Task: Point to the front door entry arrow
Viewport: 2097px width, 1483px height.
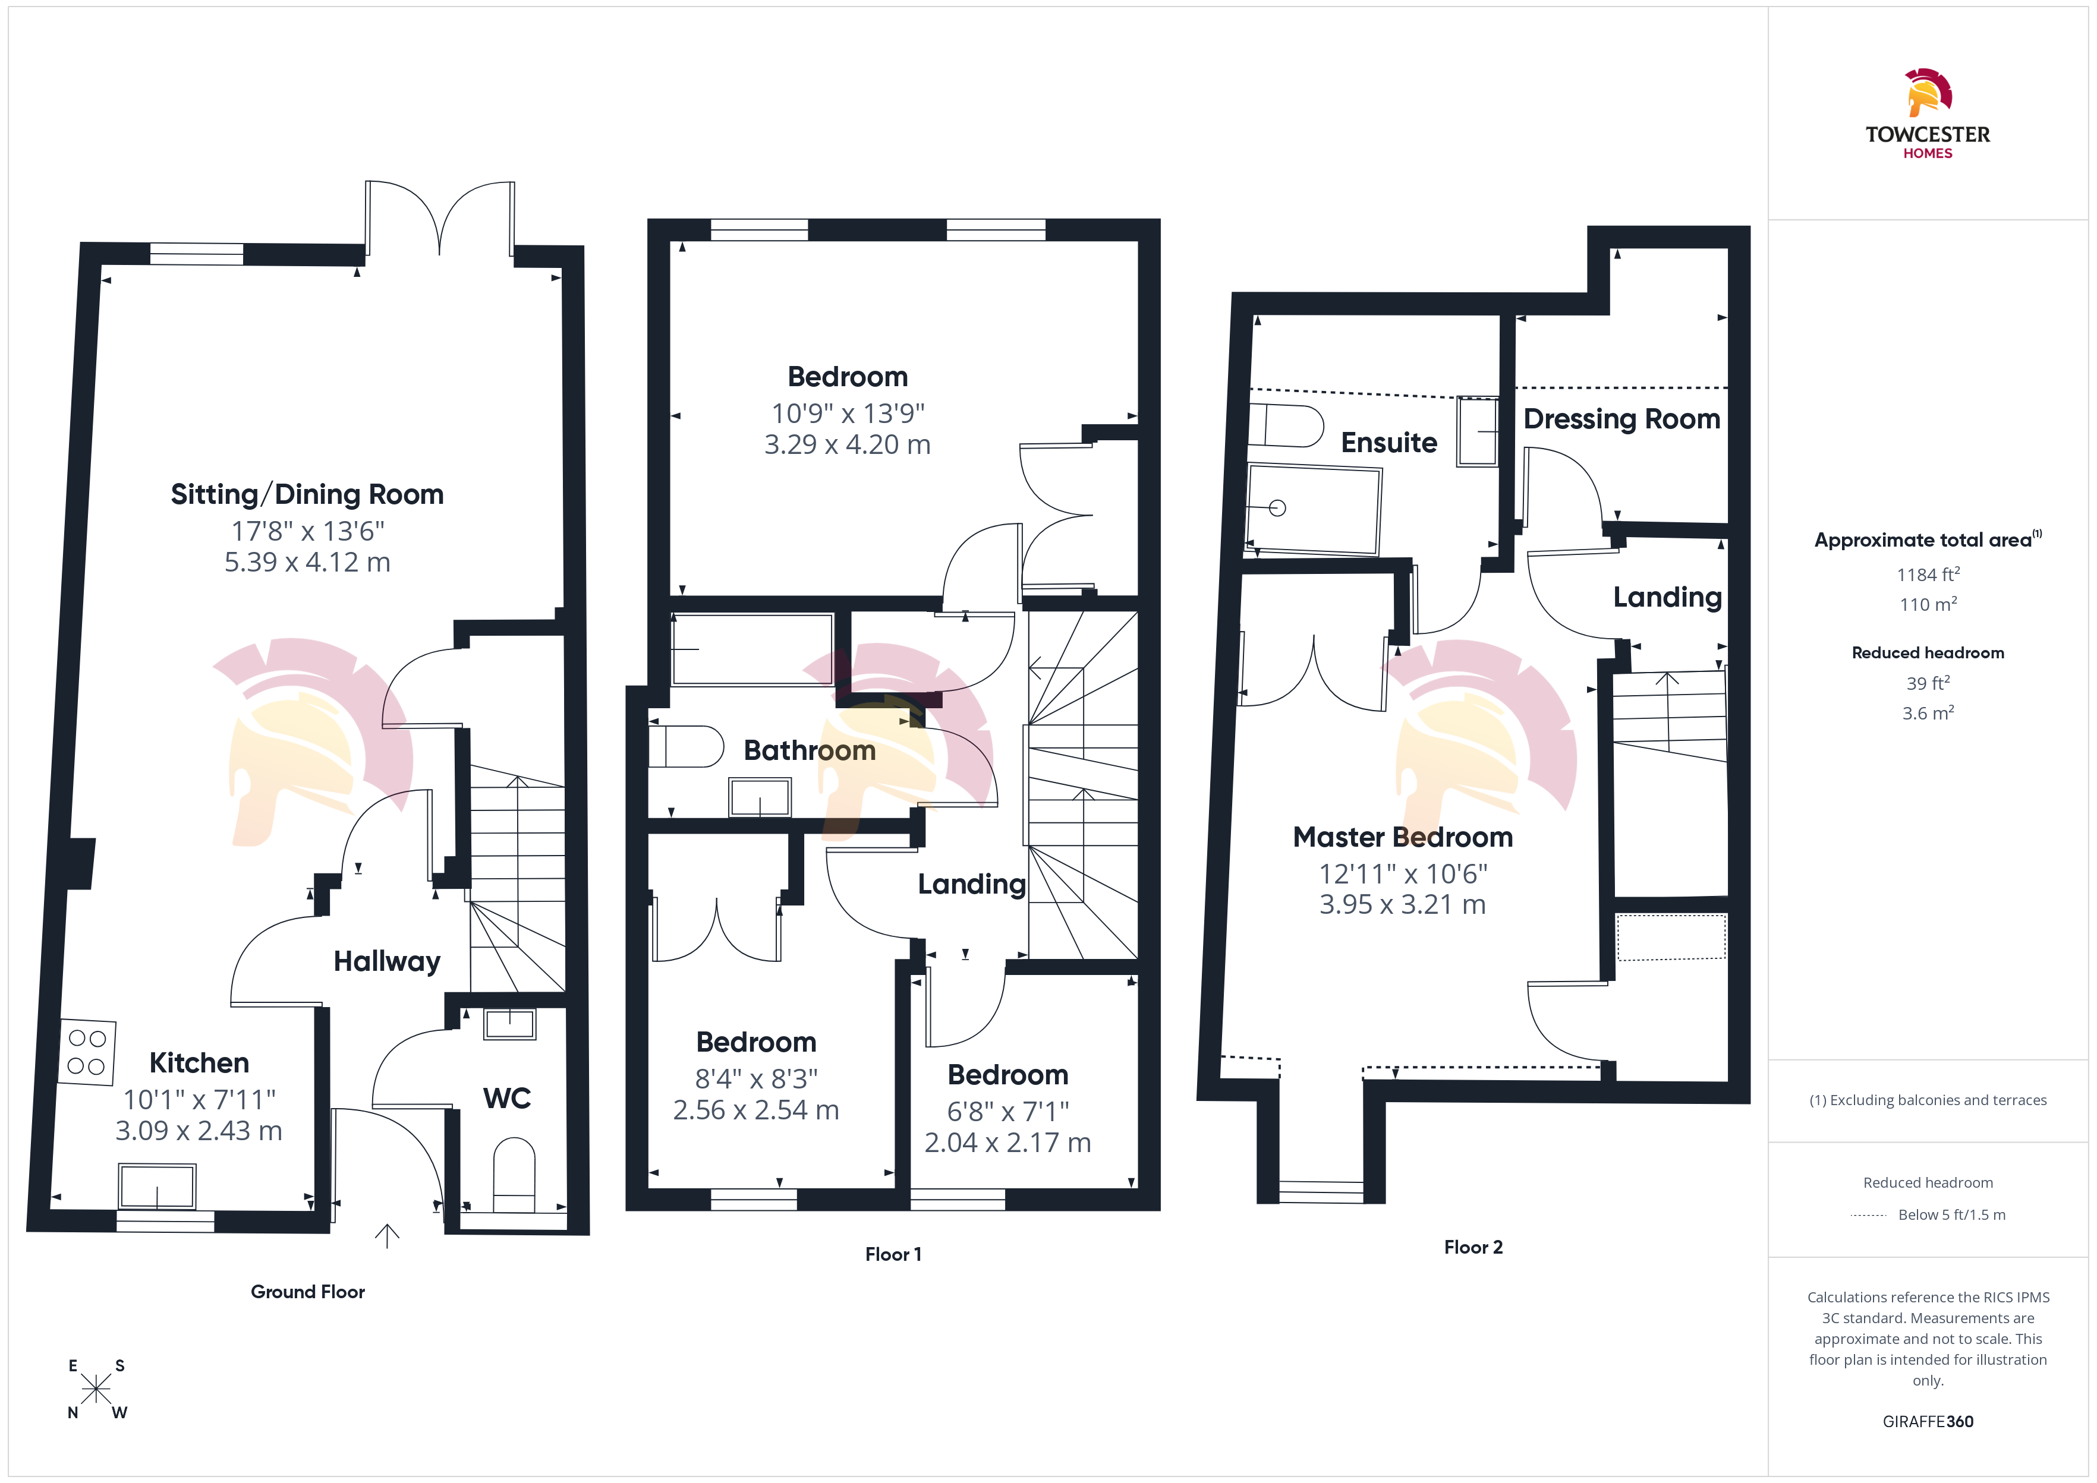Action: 388,1235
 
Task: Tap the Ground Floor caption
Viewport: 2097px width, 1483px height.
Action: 308,1291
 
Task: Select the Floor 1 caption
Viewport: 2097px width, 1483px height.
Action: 893,1254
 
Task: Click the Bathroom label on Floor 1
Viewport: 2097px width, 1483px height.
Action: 809,750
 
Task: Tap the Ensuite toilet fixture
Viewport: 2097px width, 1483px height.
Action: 1286,425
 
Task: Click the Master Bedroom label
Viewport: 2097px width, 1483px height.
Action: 1403,837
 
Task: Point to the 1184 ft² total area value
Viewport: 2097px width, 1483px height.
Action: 1928,575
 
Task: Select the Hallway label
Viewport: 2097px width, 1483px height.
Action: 388,961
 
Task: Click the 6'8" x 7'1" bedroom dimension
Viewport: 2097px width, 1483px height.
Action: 1008,1111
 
